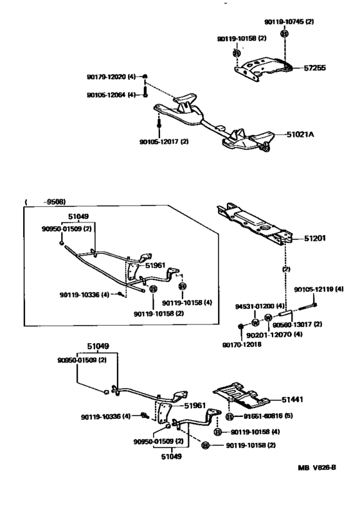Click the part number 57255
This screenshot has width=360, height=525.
coord(314,68)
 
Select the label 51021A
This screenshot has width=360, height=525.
coord(300,134)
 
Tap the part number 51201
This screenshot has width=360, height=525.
coord(314,238)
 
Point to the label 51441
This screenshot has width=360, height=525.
coord(292,400)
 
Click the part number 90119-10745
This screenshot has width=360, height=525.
coord(284,22)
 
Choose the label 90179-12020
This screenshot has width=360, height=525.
coord(107,77)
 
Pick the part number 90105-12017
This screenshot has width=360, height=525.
coord(159,141)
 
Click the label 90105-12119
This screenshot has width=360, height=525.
coord(314,289)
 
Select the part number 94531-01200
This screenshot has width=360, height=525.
coord(255,306)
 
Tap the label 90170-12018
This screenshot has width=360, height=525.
coord(242,344)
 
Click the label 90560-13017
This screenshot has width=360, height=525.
coord(292,325)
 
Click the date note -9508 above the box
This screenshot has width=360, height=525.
coord(55,202)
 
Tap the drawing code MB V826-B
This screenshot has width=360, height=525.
coord(316,467)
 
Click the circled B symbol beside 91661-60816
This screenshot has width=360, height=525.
coord(230,417)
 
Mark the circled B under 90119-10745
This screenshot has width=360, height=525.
coord(284,34)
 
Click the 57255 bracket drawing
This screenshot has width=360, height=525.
coord(264,69)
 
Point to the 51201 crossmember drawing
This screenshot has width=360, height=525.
coord(255,226)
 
